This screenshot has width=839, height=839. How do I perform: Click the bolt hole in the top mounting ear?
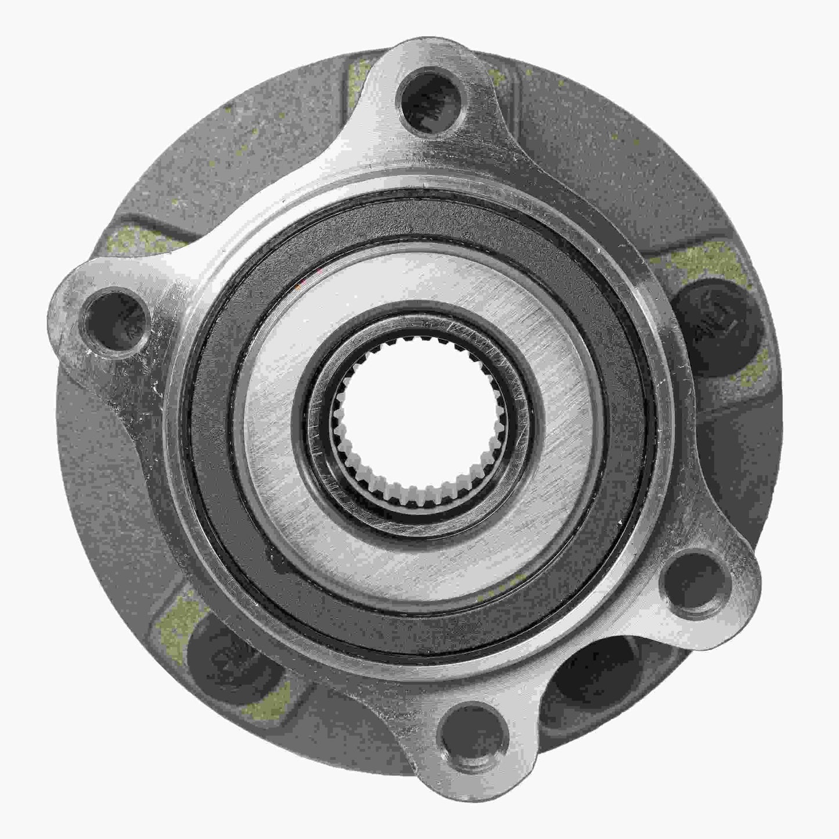(x=427, y=102)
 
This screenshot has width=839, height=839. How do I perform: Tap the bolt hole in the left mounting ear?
(x=114, y=319)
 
